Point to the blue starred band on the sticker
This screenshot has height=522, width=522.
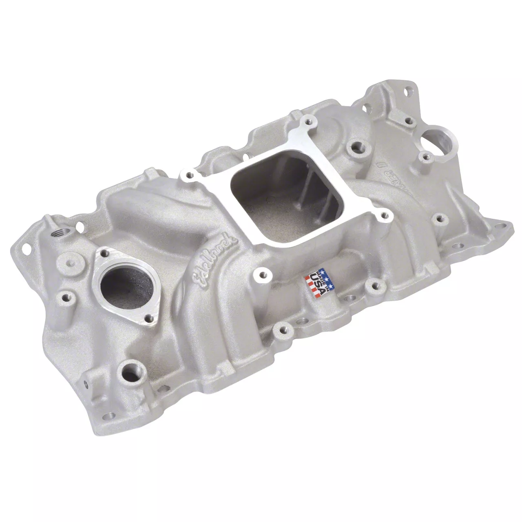[323, 275]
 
